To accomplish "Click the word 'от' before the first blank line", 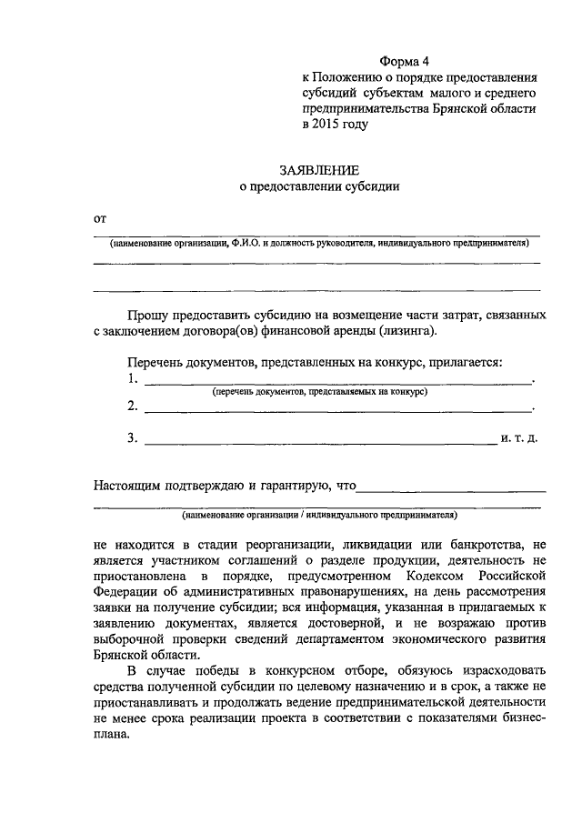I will tap(100, 218).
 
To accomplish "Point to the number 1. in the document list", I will tap(134, 378).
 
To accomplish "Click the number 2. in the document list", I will tap(134, 406).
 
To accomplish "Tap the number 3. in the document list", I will tap(134, 438).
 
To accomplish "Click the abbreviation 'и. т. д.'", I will tap(518, 438).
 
